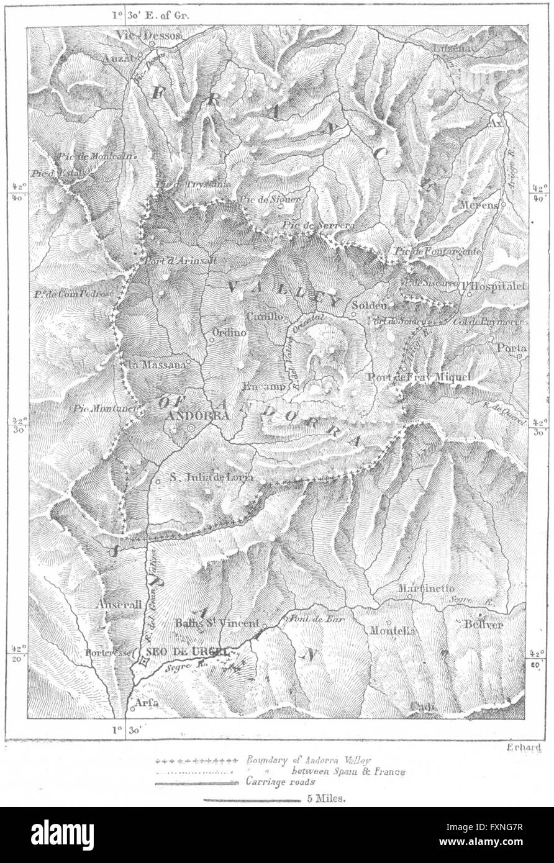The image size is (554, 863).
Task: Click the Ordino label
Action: pyautogui.click(x=229, y=333)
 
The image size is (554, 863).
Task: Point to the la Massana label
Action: pyautogui.click(x=155, y=365)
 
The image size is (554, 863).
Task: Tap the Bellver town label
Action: pyautogui.click(x=483, y=625)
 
